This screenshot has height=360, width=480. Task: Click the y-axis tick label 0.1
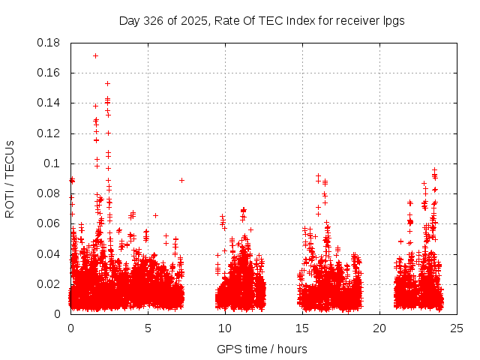(x=52, y=163)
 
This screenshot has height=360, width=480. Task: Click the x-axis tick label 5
(x=148, y=328)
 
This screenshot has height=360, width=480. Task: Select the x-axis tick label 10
(x=225, y=328)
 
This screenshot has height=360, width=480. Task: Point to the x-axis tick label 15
(x=302, y=328)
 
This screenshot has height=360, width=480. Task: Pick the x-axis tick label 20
(x=379, y=328)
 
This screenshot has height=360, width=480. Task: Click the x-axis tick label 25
(x=457, y=328)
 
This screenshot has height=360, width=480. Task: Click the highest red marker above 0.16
(x=95, y=55)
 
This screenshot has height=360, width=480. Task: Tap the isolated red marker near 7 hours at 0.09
(x=181, y=180)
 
